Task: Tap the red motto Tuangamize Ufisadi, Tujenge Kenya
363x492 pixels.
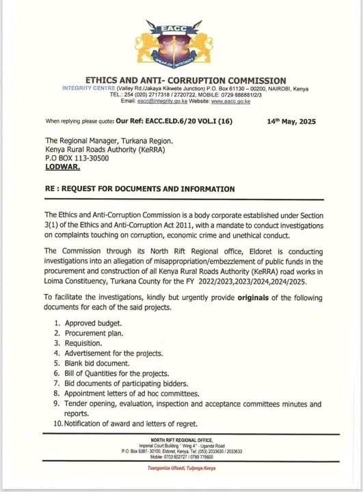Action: (181, 468)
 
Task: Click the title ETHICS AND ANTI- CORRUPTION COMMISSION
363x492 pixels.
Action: (181, 81)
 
